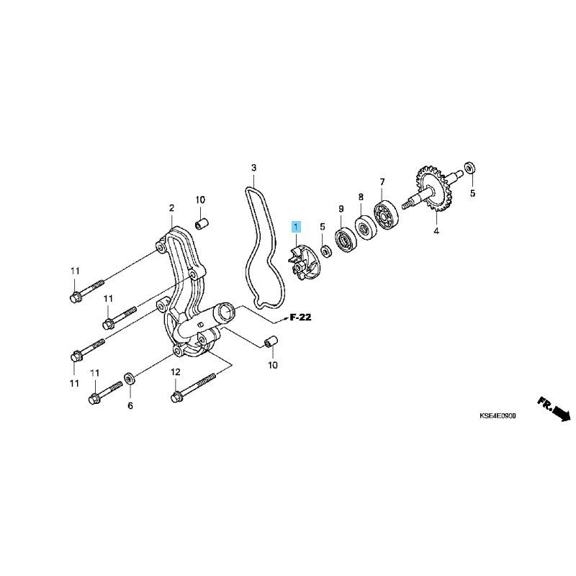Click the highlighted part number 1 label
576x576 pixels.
tap(296, 228)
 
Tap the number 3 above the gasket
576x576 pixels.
tap(254, 168)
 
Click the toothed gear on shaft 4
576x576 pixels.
tap(434, 190)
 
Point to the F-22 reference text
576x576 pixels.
tap(300, 317)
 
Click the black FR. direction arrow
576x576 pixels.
tap(554, 409)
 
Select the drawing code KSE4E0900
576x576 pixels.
tap(498, 416)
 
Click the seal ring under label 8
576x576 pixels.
tap(364, 228)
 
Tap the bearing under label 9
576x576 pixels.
tap(345, 241)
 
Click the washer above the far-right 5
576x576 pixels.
tap(470, 168)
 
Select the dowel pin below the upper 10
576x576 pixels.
tap(202, 223)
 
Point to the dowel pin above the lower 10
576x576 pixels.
tap(271, 341)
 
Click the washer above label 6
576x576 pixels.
tap(130, 378)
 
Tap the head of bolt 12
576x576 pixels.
tap(176, 397)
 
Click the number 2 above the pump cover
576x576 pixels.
tap(171, 208)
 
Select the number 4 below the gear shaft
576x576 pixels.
tap(436, 231)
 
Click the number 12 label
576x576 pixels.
tap(176, 372)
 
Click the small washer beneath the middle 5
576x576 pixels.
tap(325, 251)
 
